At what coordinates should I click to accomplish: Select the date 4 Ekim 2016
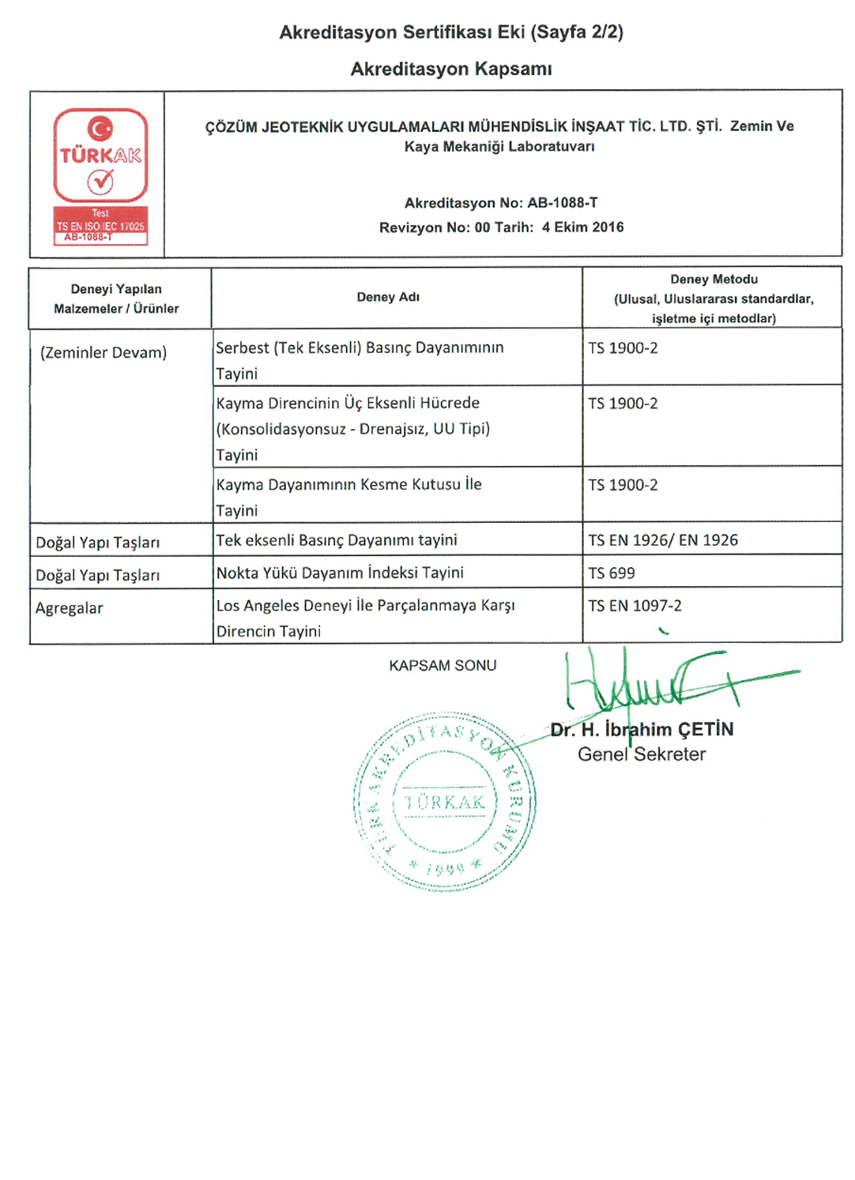tap(583, 227)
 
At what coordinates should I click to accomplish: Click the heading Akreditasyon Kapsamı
tap(451, 70)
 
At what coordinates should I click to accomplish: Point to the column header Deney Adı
tap(388, 298)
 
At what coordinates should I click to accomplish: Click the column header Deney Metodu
tap(714, 280)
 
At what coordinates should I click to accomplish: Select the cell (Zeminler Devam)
tap(104, 353)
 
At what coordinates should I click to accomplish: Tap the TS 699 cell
tap(612, 573)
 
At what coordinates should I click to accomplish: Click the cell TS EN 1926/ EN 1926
tap(663, 540)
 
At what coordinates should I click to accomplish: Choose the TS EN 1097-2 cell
tap(635, 606)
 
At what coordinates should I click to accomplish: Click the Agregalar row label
tap(70, 608)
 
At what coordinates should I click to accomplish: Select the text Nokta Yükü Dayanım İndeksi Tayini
tap(340, 573)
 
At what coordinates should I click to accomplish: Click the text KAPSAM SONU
tap(443, 666)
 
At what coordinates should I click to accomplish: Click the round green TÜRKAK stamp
tap(444, 802)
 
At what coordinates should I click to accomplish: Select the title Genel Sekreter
tap(642, 754)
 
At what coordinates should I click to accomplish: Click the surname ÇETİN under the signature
tap(706, 730)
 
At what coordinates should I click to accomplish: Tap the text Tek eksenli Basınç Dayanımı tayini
tap(337, 540)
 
